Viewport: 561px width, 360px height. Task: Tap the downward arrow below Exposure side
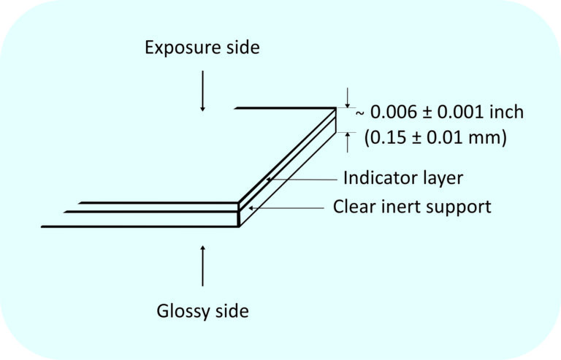pos(202,91)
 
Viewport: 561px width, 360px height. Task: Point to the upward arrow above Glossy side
pos(202,266)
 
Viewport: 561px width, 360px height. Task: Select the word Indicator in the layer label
pos(375,177)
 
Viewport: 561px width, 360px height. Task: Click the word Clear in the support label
pos(354,206)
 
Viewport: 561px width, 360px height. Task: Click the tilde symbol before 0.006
pos(360,113)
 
